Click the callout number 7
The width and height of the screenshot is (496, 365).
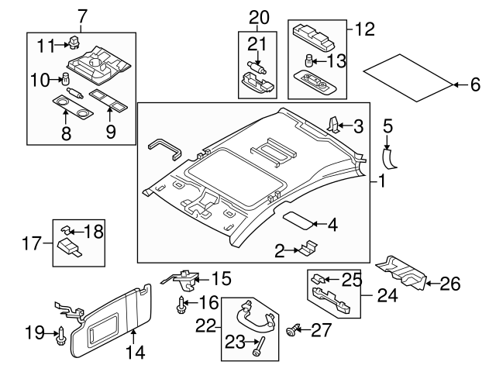coord(83,15)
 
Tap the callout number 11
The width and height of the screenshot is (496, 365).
coord(45,45)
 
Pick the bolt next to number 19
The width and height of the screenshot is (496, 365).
coord(60,334)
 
